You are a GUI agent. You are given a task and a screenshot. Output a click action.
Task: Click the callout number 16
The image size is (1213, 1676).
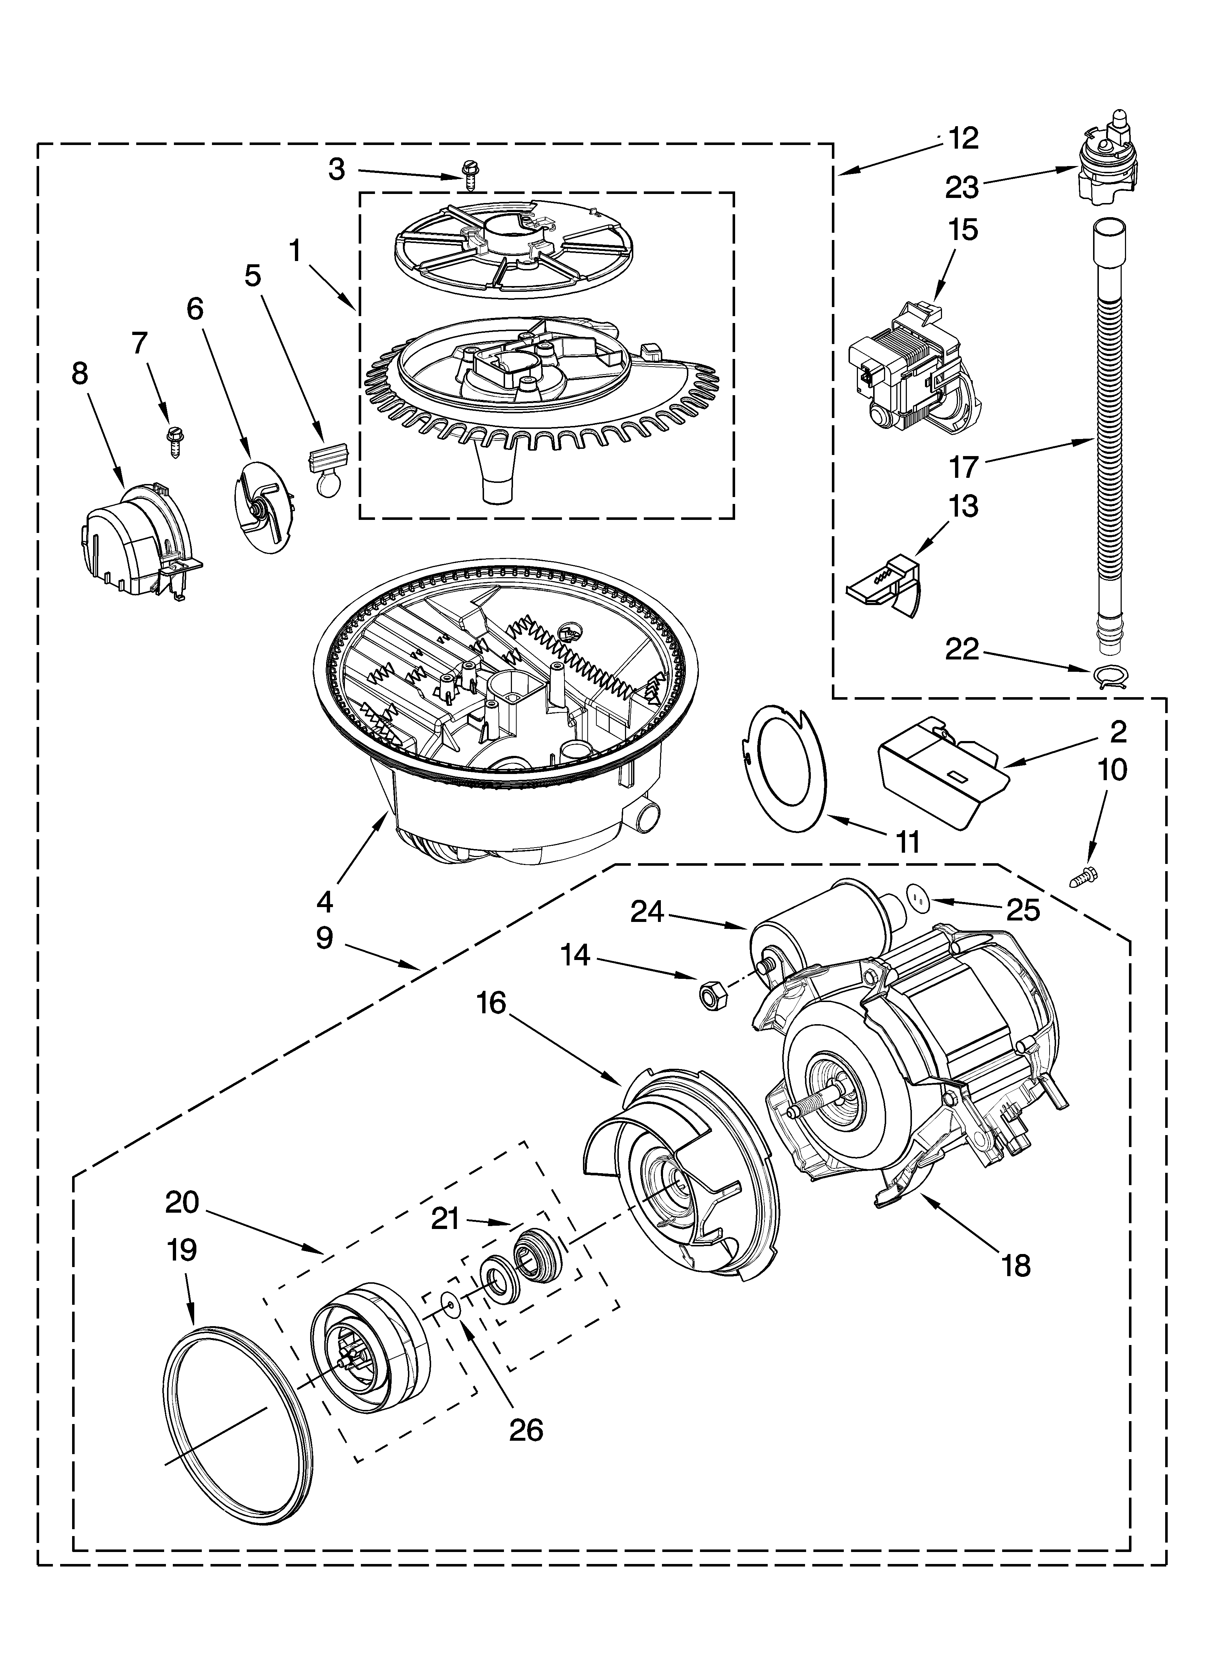(491, 1003)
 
